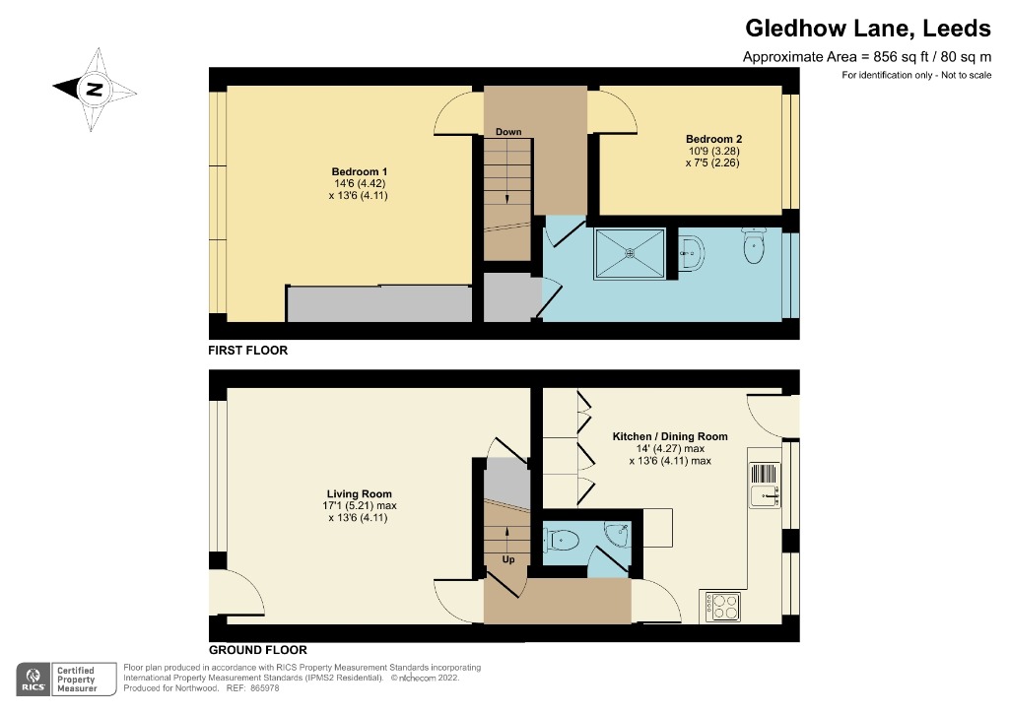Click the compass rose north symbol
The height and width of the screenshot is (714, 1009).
(95, 90)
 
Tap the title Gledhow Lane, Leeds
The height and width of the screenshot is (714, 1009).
(866, 28)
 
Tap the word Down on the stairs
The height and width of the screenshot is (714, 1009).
(508, 132)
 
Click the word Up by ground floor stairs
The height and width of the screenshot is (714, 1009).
(508, 559)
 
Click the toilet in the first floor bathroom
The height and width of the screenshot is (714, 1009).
(754, 248)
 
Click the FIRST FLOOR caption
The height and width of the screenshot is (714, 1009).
(247, 351)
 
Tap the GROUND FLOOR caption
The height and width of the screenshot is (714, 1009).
(257, 650)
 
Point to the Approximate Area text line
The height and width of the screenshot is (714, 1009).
(866, 58)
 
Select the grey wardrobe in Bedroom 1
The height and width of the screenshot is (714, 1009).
(378, 304)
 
